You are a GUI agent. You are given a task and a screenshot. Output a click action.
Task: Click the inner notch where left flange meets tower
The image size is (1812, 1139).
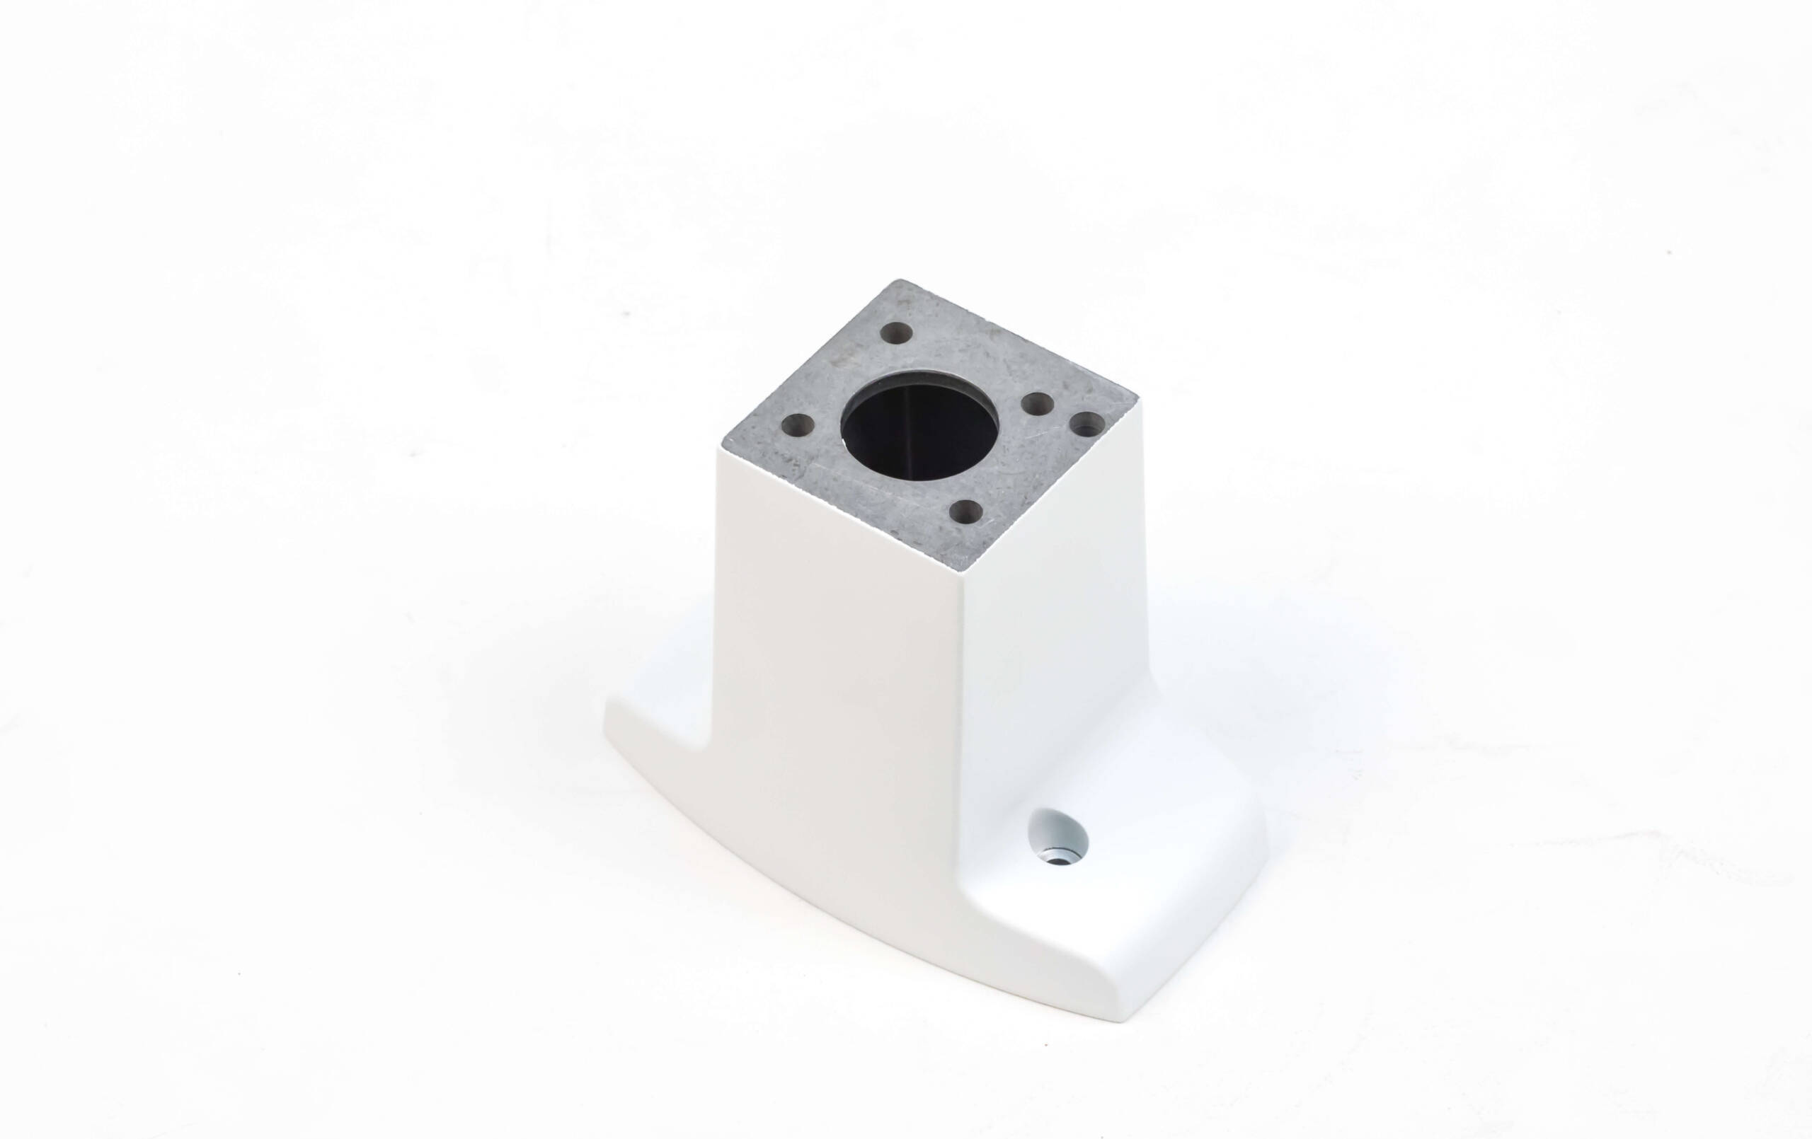tap(712, 760)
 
